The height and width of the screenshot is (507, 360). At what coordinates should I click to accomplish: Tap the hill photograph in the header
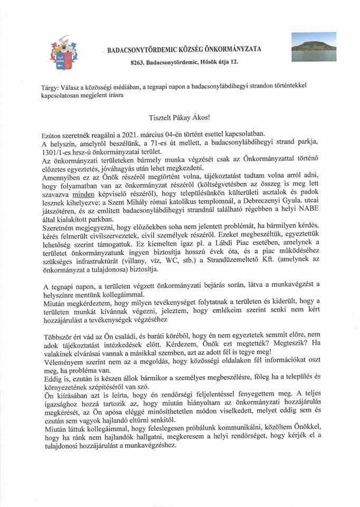click(x=314, y=46)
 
